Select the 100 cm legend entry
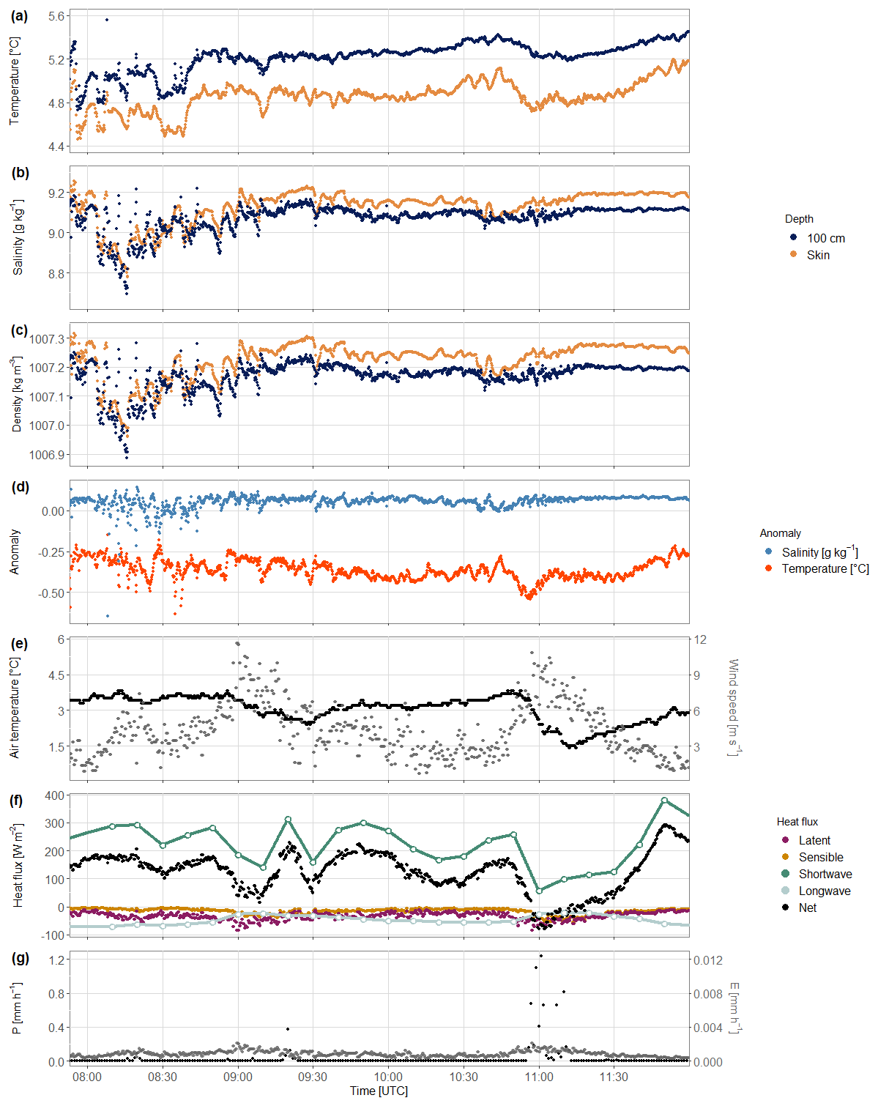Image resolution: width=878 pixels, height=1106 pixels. click(825, 238)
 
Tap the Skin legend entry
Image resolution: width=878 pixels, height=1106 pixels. click(818, 255)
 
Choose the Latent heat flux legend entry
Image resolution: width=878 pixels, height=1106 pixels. click(814, 840)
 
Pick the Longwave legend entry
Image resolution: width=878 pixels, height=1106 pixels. click(824, 891)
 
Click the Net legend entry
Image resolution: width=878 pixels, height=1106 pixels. click(807, 908)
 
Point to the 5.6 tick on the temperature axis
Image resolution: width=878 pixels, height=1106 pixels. click(56, 16)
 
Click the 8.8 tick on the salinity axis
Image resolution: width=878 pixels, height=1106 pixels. click(56, 274)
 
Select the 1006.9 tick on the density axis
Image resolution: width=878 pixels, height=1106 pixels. click(47, 455)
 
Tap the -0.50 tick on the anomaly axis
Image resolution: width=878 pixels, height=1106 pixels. click(52, 593)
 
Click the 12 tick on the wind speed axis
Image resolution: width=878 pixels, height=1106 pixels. click(700, 639)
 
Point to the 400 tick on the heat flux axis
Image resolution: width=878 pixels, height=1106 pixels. click(55, 795)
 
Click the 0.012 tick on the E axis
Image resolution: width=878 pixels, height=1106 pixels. click(708, 960)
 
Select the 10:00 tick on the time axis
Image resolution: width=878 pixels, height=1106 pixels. click(388, 1077)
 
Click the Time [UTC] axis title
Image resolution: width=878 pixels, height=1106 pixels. click(379, 1091)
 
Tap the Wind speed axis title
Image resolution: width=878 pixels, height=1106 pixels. click(733, 708)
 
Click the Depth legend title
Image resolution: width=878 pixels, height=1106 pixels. click(799, 219)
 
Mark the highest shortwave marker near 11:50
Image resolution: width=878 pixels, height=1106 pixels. click(664, 800)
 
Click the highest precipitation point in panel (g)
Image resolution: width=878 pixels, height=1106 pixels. click(540, 955)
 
